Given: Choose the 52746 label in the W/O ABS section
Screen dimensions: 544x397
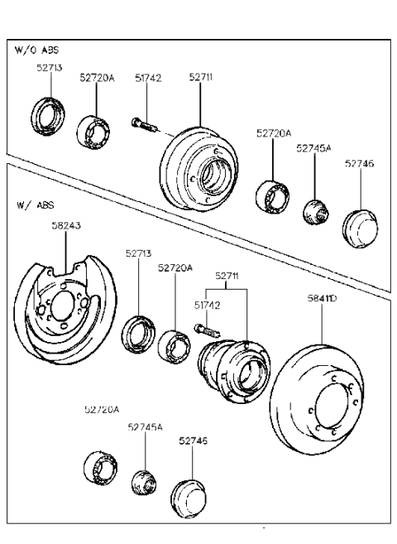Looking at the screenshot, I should [360, 164].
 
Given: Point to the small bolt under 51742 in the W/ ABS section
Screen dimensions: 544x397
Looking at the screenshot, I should [203, 329].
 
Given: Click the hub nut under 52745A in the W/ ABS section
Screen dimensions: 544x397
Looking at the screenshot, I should [143, 481].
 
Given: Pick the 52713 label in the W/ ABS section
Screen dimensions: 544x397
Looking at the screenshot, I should [139, 254].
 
